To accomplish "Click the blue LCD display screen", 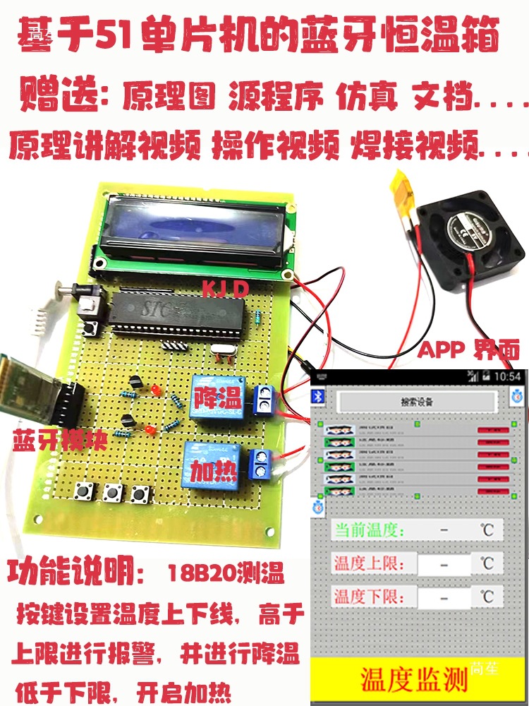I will pos(194,229).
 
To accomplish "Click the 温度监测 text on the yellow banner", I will pos(415,679).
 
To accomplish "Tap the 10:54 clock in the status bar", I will pos(506,376).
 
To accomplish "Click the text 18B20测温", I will pos(226,575).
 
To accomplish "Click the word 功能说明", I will pos(75,573).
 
